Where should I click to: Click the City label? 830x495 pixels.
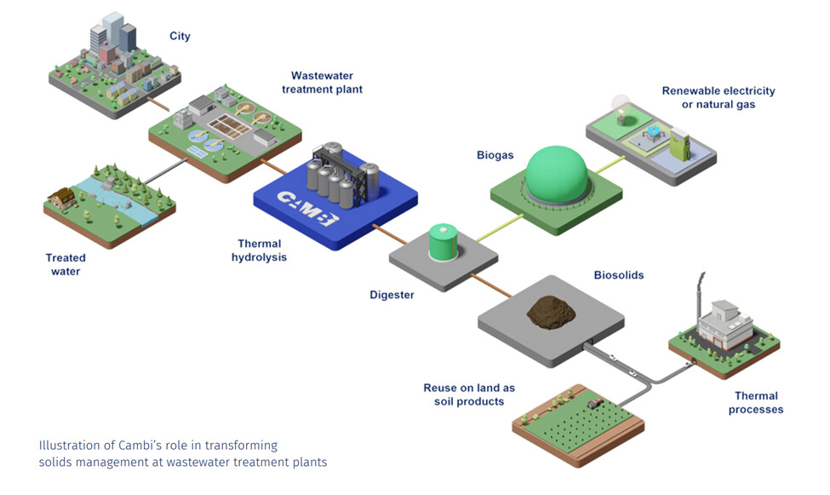(x=180, y=37)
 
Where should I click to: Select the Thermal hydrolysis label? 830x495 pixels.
(x=259, y=250)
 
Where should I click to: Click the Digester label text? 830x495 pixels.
(x=392, y=296)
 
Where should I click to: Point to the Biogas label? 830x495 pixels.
(x=495, y=155)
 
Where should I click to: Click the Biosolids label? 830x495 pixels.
(x=619, y=276)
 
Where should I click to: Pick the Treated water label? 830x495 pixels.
(x=66, y=264)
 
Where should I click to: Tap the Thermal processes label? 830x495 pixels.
(x=756, y=402)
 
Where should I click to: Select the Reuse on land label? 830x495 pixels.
(x=468, y=394)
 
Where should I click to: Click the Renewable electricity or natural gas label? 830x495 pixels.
(x=718, y=97)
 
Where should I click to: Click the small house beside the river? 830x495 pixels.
(x=63, y=198)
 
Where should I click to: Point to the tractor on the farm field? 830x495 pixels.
(x=592, y=401)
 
